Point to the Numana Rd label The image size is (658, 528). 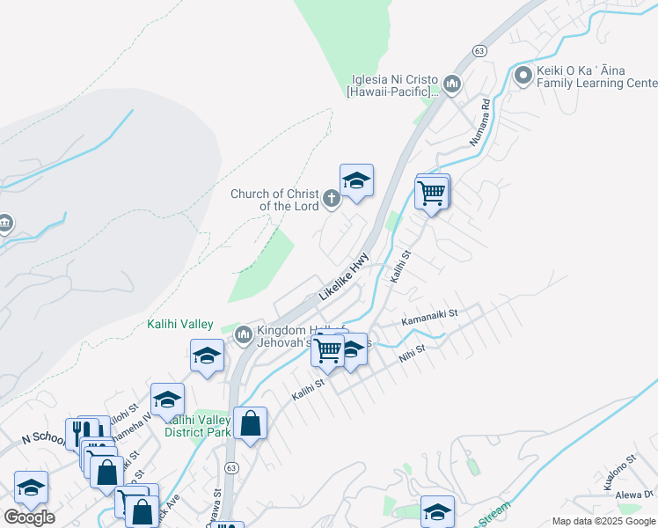pyautogui.click(x=479, y=121)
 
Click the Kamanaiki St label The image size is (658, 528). pyautogui.click(x=430, y=316)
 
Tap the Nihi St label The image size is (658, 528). pyautogui.click(x=412, y=353)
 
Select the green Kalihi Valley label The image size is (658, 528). pyautogui.click(x=179, y=325)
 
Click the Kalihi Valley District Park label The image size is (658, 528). pyautogui.click(x=198, y=426)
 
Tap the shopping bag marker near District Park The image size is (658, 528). pyautogui.click(x=251, y=423)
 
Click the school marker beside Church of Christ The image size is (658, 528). pyautogui.click(x=356, y=181)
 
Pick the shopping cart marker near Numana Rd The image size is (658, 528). pyautogui.click(x=431, y=192)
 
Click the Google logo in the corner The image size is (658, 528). pyautogui.click(x=29, y=517)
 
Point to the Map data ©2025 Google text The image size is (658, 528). pyautogui.click(x=603, y=521)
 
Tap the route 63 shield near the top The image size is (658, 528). pyautogui.click(x=479, y=51)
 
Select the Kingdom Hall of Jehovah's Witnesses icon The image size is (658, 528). pyautogui.click(x=243, y=334)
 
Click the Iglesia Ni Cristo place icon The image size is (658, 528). pyautogui.click(x=452, y=84)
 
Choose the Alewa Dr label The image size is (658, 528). pyautogui.click(x=635, y=495)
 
